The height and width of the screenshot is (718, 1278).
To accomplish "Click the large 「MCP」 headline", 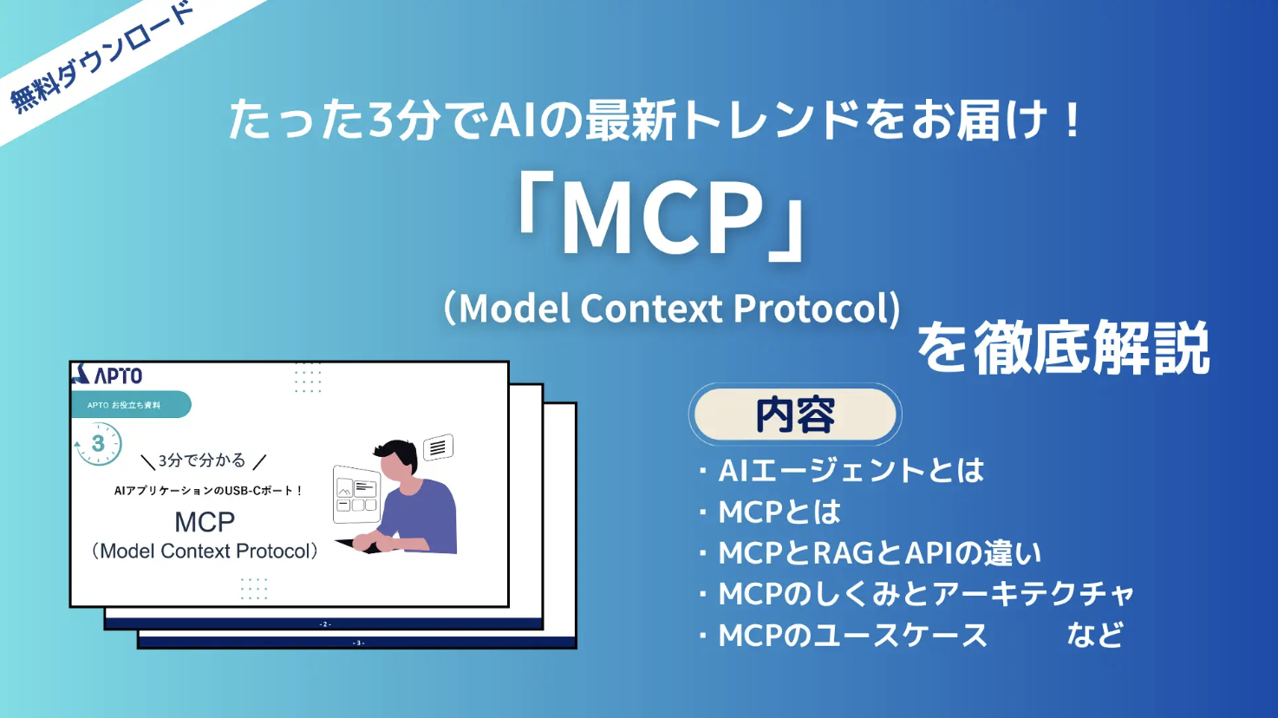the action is tap(661, 219).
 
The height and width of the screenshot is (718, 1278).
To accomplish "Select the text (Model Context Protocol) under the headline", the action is tap(672, 308).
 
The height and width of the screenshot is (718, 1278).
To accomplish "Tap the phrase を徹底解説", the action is tap(1064, 347).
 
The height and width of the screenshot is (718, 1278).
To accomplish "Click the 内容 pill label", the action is tap(795, 414).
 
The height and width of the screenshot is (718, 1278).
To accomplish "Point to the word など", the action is tap(1095, 635).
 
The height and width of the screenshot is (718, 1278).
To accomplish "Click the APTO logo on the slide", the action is tap(108, 375).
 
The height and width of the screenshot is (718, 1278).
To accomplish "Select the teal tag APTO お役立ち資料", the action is tap(131, 405).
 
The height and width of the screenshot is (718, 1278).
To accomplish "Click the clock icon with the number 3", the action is tap(98, 444).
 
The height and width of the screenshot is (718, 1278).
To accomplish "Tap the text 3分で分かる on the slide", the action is tap(202, 460).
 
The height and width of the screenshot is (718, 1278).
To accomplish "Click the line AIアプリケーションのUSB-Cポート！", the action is tap(208, 490).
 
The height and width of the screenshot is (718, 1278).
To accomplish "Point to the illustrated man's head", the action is tap(396, 460).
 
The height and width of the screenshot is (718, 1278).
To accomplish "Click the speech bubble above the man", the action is tap(438, 447).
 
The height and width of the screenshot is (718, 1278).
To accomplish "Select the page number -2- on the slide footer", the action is tap(325, 624).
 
